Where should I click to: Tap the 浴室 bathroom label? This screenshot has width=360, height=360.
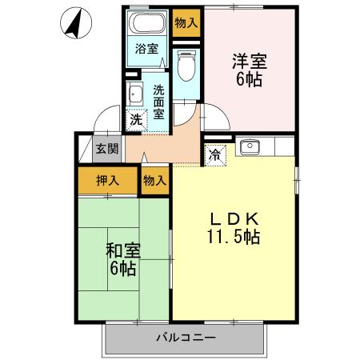(146, 48)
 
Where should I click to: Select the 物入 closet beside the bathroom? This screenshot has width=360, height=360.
(186, 22)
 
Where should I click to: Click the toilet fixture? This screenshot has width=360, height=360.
(186, 66)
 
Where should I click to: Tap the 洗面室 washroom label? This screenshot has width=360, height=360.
(158, 102)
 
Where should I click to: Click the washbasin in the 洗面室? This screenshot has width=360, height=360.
(135, 94)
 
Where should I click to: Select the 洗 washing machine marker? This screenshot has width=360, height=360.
(136, 119)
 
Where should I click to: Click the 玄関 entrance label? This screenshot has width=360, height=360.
(107, 148)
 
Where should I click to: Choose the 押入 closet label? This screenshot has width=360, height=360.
(108, 180)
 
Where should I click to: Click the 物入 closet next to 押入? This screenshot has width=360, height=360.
(154, 180)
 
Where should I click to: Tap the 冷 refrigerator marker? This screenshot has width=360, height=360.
(216, 154)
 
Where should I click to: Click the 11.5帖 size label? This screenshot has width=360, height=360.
(233, 238)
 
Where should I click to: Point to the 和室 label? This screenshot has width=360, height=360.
(122, 250)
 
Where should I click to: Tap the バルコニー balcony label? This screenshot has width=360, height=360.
(185, 338)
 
